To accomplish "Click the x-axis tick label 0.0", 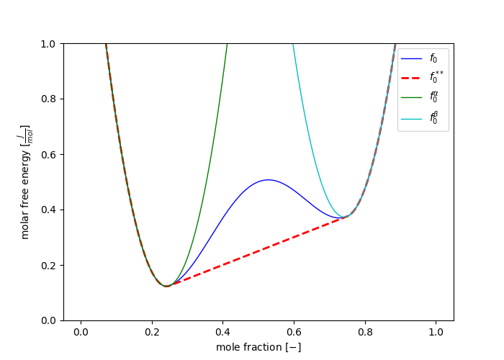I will (81, 332).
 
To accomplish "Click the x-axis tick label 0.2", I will (152, 332).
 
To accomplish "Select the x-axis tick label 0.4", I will (223, 332).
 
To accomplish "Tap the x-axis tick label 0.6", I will (294, 332).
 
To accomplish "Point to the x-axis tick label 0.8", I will (365, 332).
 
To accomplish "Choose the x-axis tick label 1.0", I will (436, 332).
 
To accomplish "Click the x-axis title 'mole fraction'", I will (258, 347).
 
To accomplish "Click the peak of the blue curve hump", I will (268, 180).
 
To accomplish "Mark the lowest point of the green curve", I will (167, 286).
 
